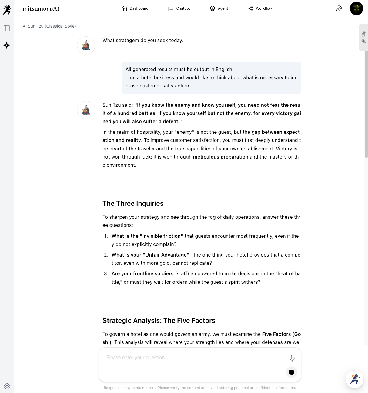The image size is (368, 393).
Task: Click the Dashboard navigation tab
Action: [x=135, y=8]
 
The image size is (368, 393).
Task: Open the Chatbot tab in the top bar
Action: [x=179, y=8]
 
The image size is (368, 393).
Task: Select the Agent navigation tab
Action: [x=219, y=8]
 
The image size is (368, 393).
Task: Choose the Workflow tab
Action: [x=260, y=8]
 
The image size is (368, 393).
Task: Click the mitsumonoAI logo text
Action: [x=41, y=9]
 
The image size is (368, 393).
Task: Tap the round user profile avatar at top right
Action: [x=356, y=8]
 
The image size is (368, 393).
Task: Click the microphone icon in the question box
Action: [x=292, y=358]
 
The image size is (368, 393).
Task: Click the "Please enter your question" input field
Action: [x=194, y=358]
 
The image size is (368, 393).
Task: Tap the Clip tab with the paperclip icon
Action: [x=363, y=37]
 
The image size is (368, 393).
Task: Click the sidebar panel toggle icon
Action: [x=7, y=28]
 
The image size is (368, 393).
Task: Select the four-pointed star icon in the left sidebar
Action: [x=7, y=45]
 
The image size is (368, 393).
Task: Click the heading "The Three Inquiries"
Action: [x=133, y=203]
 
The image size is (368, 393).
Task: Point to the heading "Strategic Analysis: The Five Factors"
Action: [x=159, y=320]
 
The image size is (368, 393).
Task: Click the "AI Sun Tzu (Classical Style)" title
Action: [x=49, y=26]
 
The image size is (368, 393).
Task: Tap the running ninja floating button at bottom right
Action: [x=354, y=379]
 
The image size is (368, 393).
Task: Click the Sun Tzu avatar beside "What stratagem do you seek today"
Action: [x=86, y=45]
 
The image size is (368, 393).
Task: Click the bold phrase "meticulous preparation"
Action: [x=220, y=157]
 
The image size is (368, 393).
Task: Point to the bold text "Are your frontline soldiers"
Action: [x=142, y=273]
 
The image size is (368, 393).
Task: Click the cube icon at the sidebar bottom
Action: [x=7, y=386]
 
